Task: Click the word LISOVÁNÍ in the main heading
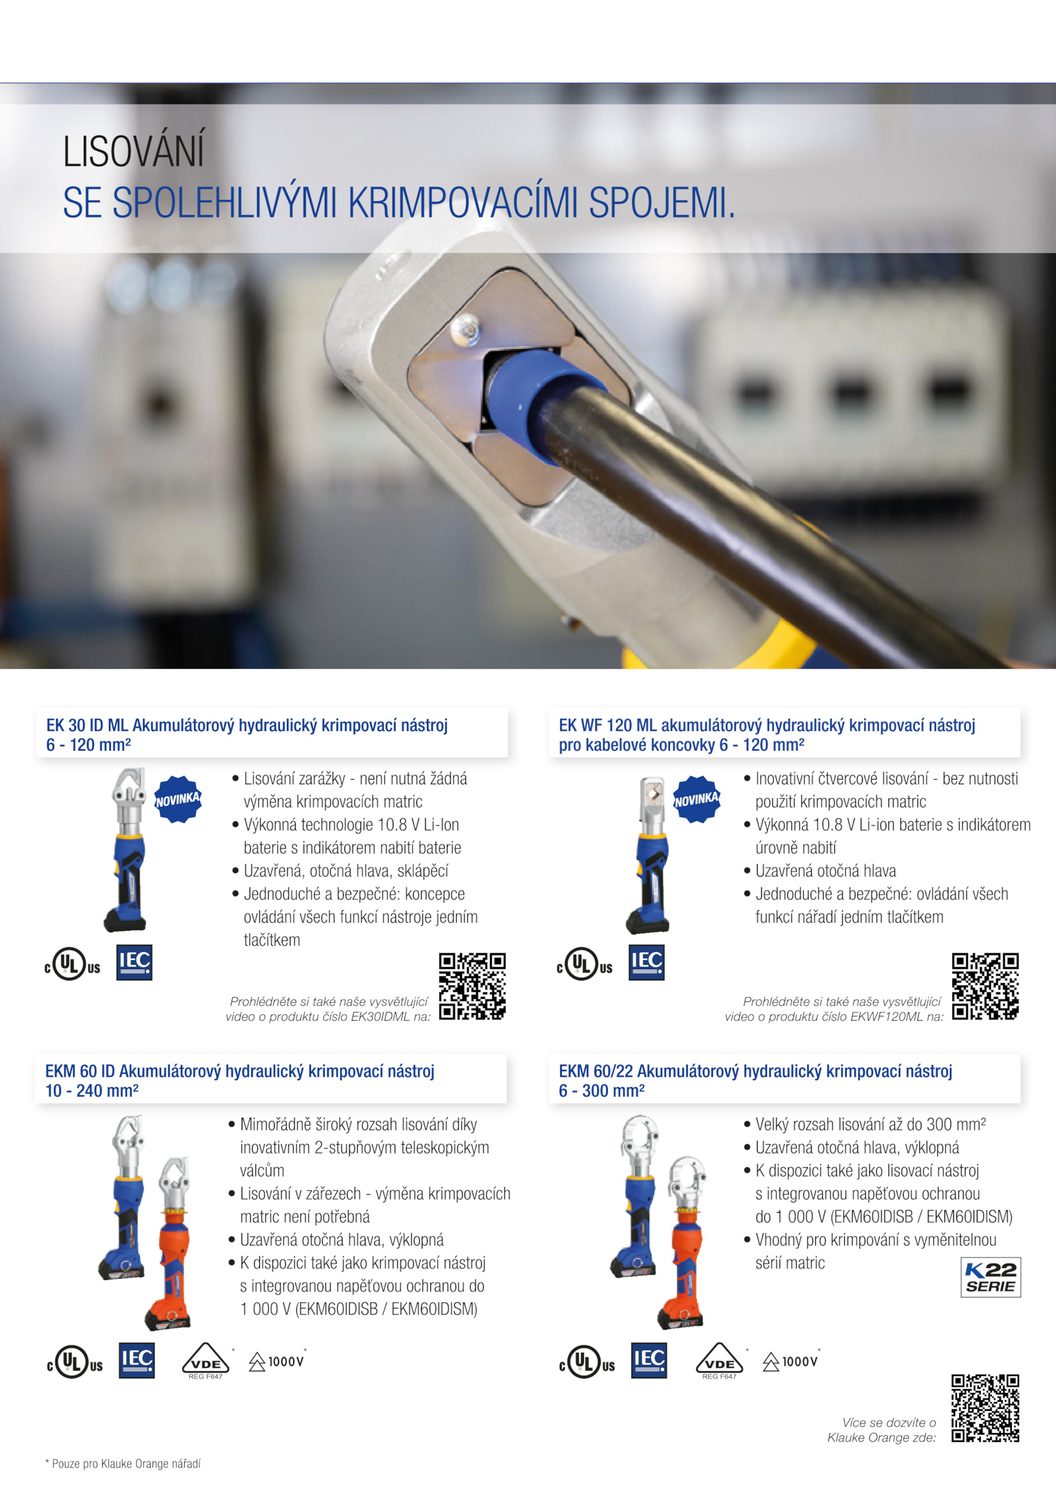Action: point(134,151)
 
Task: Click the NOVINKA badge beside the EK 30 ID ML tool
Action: point(178,799)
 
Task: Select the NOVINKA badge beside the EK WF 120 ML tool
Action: point(696,799)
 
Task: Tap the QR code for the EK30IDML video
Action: point(473,986)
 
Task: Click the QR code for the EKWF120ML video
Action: point(985,986)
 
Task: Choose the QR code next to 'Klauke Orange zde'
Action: point(985,1408)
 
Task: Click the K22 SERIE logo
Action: point(991,1277)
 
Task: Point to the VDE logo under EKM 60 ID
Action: point(205,1361)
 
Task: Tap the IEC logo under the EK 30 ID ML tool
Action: point(134,963)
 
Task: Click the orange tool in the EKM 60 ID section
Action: point(170,1244)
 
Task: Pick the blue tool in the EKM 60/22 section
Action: point(636,1196)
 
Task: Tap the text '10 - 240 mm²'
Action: point(92,1091)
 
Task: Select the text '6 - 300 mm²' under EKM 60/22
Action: point(601,1091)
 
